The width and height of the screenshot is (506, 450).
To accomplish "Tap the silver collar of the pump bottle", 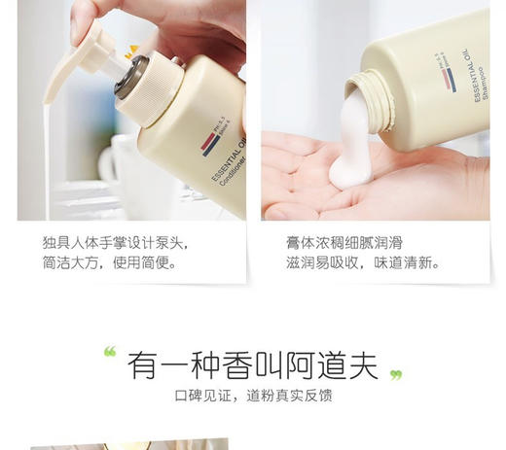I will pos(132,75).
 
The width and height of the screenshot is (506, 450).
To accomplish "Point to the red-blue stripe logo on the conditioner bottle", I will pos(210,143).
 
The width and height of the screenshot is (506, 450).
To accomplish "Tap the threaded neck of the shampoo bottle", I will pos(367,92).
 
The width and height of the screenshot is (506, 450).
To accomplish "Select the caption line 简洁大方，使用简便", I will pos(109,262).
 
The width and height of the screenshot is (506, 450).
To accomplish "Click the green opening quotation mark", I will pos(110,353).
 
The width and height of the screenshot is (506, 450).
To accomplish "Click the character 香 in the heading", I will pos(236,364).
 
